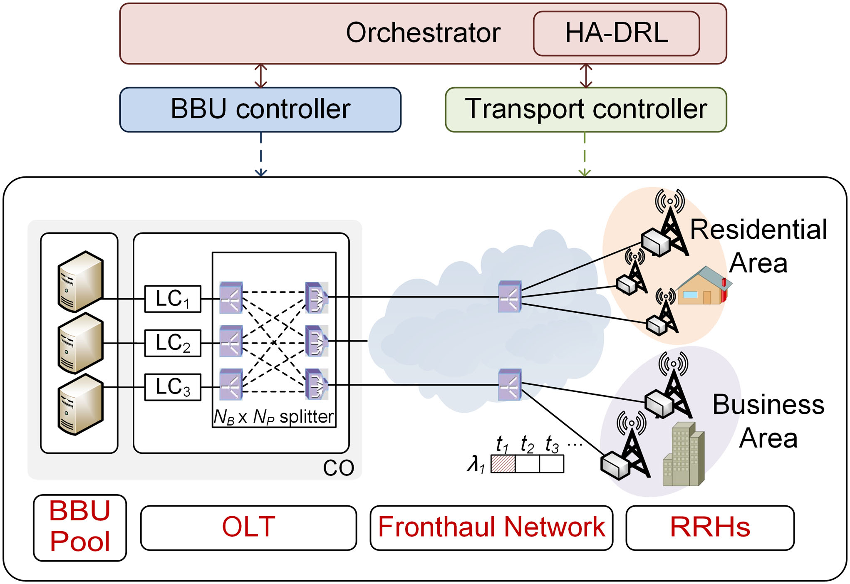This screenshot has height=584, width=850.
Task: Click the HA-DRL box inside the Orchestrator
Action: click(616, 33)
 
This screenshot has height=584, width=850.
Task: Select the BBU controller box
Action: click(260, 109)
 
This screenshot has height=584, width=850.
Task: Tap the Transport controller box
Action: click(585, 109)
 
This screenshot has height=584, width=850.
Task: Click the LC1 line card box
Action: click(173, 299)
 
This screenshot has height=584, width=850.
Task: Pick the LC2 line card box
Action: click(173, 343)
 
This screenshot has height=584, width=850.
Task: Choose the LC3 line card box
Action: click(173, 387)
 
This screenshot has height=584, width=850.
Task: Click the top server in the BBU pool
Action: click(80, 281)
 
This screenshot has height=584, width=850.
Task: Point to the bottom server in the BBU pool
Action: click(80, 404)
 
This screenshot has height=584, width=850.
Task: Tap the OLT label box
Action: click(248, 527)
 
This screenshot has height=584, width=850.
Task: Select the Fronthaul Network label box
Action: click(491, 527)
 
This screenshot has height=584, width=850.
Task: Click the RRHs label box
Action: click(710, 527)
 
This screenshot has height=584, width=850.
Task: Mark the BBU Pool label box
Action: click(80, 527)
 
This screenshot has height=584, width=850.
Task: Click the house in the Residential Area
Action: click(703, 287)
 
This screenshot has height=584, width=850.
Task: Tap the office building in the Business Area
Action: click(683, 455)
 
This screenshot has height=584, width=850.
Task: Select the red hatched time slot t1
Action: click(503, 464)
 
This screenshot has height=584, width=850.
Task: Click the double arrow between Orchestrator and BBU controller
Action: click(261, 76)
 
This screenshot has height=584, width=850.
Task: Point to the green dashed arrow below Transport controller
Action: click(585, 154)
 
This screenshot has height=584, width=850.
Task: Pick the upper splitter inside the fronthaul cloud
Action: click(510, 297)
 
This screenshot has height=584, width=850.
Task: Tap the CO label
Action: click(338, 468)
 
